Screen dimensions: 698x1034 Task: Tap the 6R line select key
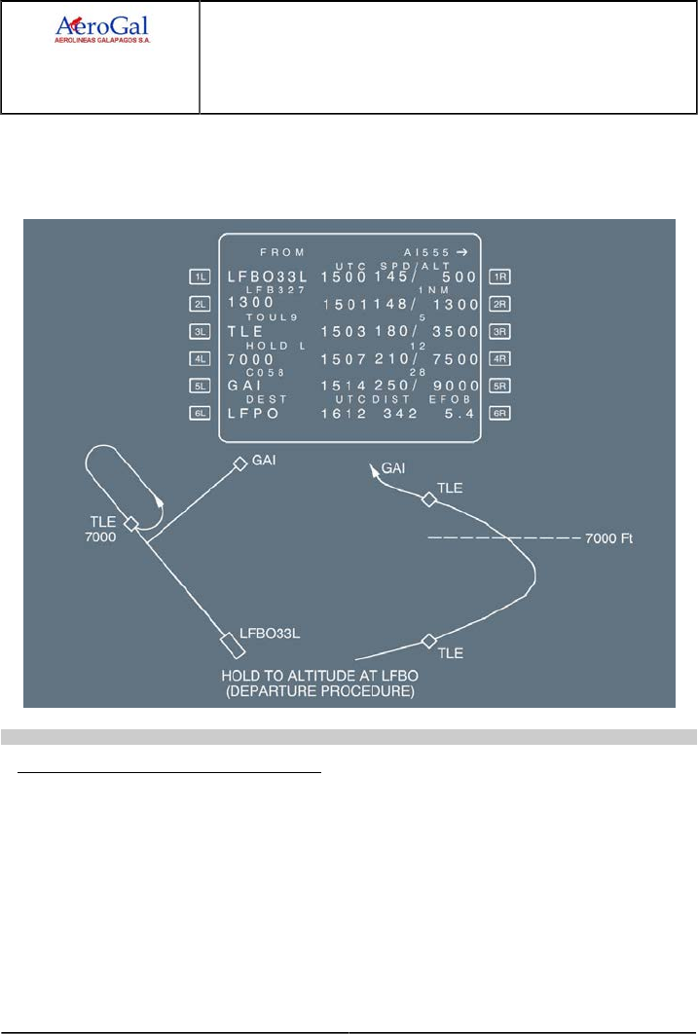point(501,413)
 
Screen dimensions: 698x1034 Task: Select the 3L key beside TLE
point(201,331)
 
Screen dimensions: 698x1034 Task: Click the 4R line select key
point(501,358)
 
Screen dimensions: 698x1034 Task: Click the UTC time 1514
point(342,386)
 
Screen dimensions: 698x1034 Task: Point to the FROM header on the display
point(282,251)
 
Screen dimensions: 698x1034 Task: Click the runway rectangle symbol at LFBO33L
point(231,644)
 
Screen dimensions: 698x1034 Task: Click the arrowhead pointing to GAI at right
point(372,470)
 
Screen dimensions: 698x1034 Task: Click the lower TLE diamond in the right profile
point(427,640)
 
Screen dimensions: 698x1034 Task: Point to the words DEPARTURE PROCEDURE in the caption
point(331,693)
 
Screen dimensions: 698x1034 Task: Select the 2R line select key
point(501,304)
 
